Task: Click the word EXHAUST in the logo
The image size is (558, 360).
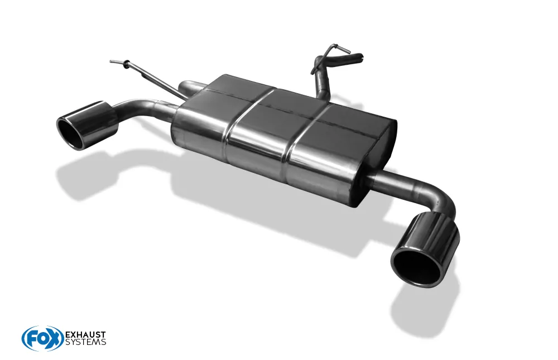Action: click(x=85, y=335)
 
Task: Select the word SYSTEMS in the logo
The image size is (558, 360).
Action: click(x=85, y=342)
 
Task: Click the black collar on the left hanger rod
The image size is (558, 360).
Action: click(x=126, y=64)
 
